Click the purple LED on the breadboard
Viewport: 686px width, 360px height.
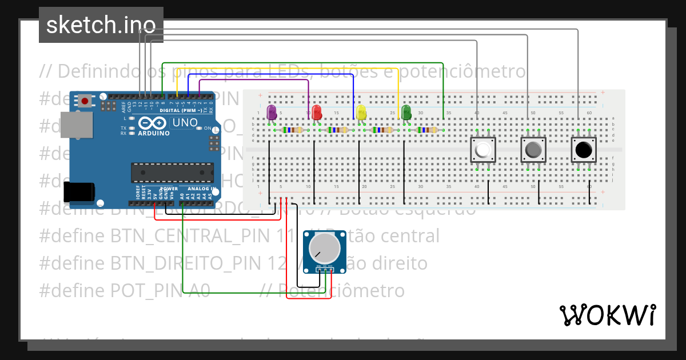272,111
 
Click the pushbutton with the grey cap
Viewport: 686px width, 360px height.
533,150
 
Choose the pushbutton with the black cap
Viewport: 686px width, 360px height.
584,150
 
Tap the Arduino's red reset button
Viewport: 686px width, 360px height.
85,101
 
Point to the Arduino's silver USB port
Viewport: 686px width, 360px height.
75,125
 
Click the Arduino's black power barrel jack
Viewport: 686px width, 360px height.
79,193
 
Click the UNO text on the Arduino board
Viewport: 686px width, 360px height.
185,122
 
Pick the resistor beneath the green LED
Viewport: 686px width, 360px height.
428,130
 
